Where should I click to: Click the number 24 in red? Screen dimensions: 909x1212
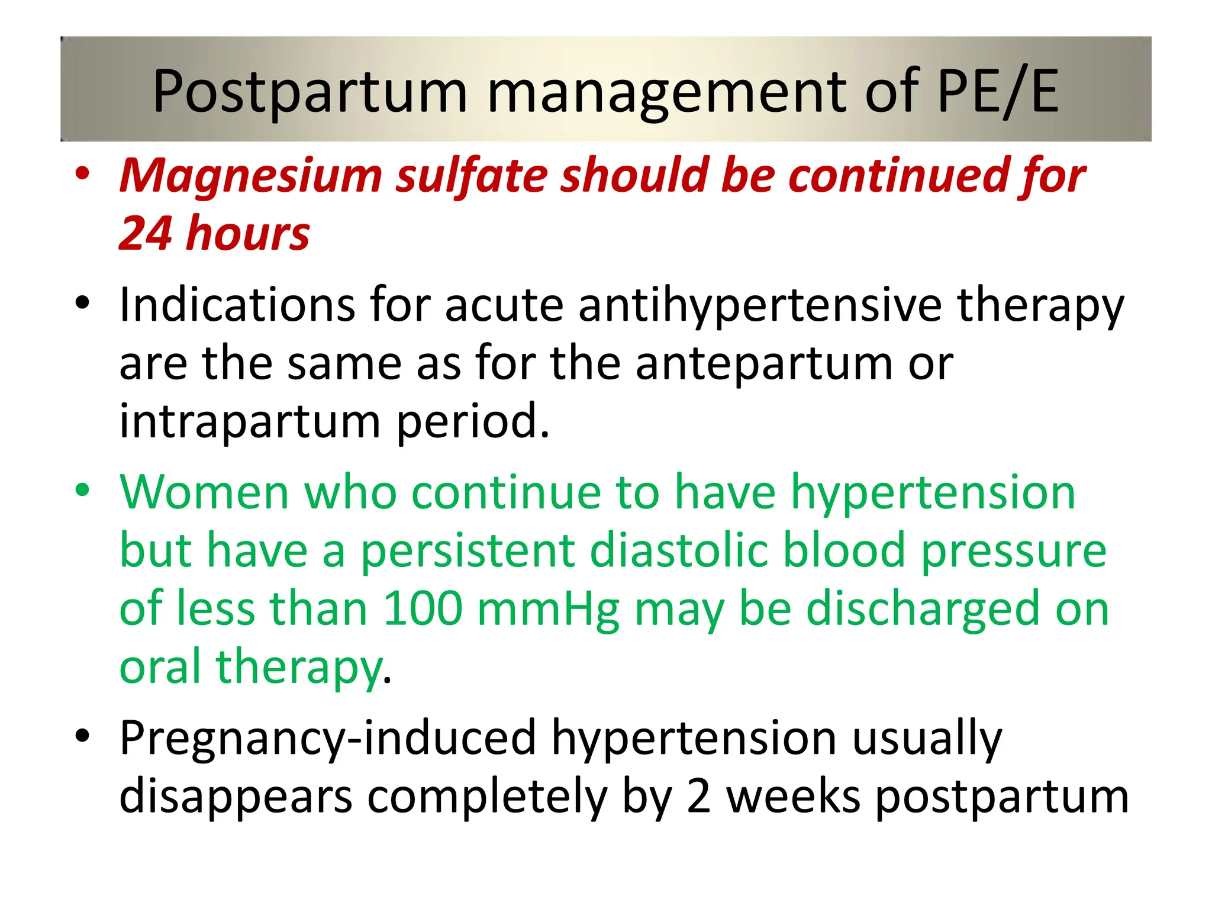(x=146, y=233)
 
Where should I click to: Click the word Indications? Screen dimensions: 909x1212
(x=237, y=305)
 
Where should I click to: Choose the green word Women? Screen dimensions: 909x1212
(x=204, y=492)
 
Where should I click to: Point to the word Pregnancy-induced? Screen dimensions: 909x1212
(x=328, y=738)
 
